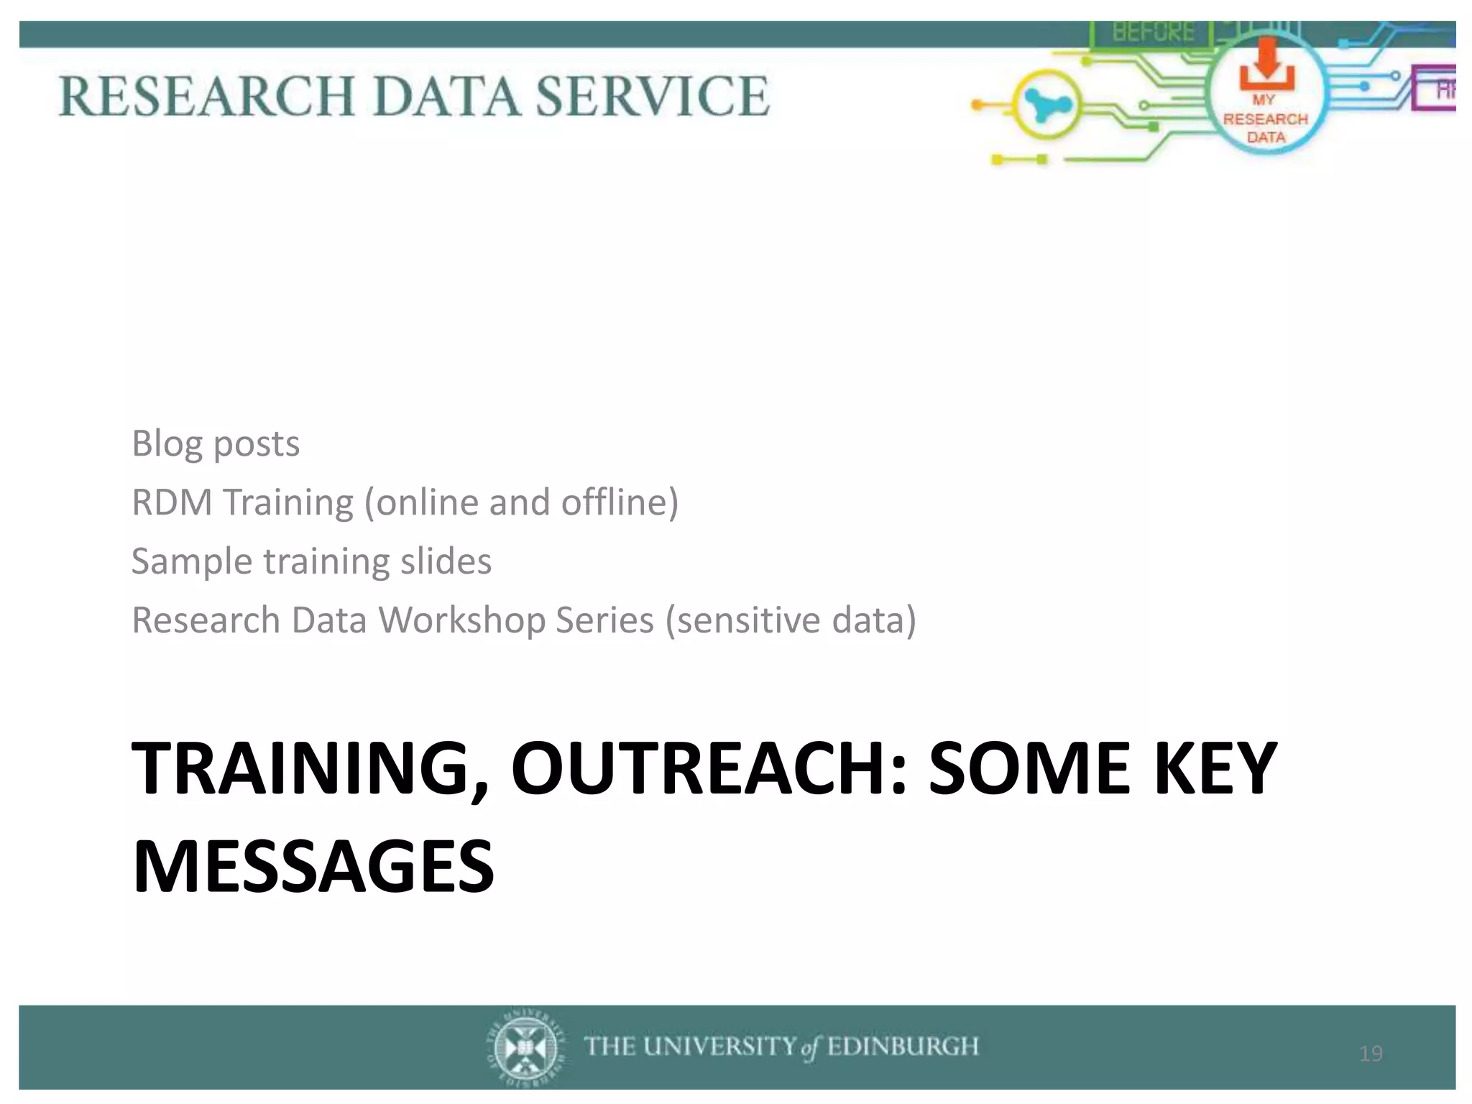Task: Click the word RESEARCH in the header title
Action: (x=207, y=96)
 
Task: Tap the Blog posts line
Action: (x=216, y=443)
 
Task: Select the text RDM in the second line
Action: (x=172, y=502)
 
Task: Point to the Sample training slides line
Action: (x=311, y=561)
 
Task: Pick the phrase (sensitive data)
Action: (x=791, y=620)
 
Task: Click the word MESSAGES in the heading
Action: (x=313, y=866)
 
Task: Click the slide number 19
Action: (x=1371, y=1054)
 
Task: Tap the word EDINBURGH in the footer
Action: (x=903, y=1046)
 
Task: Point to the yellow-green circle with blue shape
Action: (x=1048, y=106)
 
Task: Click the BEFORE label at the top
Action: (x=1154, y=32)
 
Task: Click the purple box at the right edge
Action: (x=1435, y=88)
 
